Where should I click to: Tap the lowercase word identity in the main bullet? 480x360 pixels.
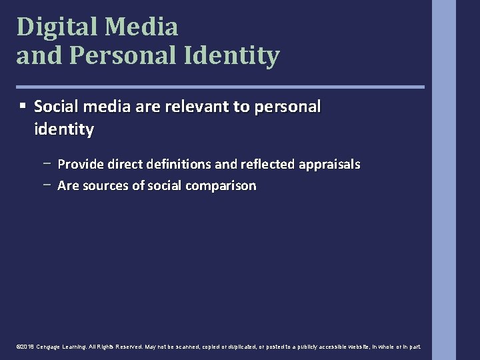click(63, 129)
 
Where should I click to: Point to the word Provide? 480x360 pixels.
click(80, 164)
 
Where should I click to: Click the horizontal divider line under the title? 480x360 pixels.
click(220, 87)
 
